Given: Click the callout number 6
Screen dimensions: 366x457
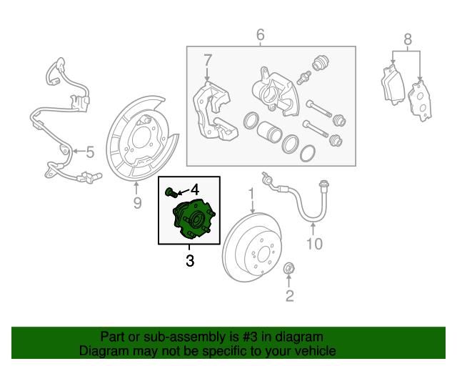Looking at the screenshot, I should point(260,34).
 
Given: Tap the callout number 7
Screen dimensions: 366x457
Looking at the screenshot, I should point(208,59).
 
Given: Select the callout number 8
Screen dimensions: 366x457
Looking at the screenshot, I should point(407,39).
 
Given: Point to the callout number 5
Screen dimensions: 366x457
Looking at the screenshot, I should point(90,152).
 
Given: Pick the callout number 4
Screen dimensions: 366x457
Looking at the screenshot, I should point(194,190).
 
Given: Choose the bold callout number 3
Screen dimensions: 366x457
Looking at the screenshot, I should point(190,261).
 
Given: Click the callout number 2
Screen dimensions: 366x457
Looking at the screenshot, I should point(290,296).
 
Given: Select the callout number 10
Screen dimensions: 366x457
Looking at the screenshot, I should point(314,244).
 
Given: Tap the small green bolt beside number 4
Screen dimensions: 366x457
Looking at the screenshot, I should point(170,192).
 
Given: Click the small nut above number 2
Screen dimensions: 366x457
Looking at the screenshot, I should point(290,269).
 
